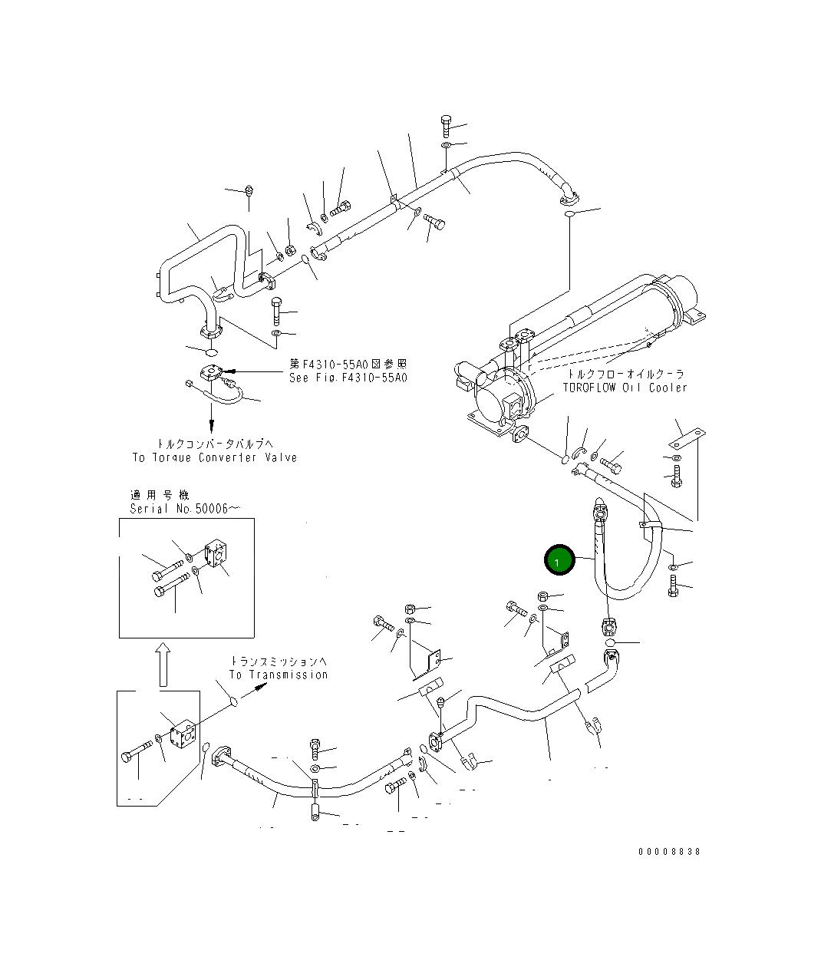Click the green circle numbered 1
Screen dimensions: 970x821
coord(559,560)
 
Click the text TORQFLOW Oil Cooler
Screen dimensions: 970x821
coord(625,388)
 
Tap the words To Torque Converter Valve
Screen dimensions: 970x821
coord(215,457)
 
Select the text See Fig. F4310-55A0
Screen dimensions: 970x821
coord(348,378)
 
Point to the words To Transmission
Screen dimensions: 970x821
coord(278,675)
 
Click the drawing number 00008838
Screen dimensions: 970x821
coord(669,852)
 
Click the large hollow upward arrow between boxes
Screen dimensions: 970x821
coord(162,664)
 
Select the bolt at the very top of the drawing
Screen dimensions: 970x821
coord(446,124)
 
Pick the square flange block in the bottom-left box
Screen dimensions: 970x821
coord(185,736)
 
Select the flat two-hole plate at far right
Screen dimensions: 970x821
coord(684,440)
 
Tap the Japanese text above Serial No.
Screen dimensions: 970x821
coord(159,495)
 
